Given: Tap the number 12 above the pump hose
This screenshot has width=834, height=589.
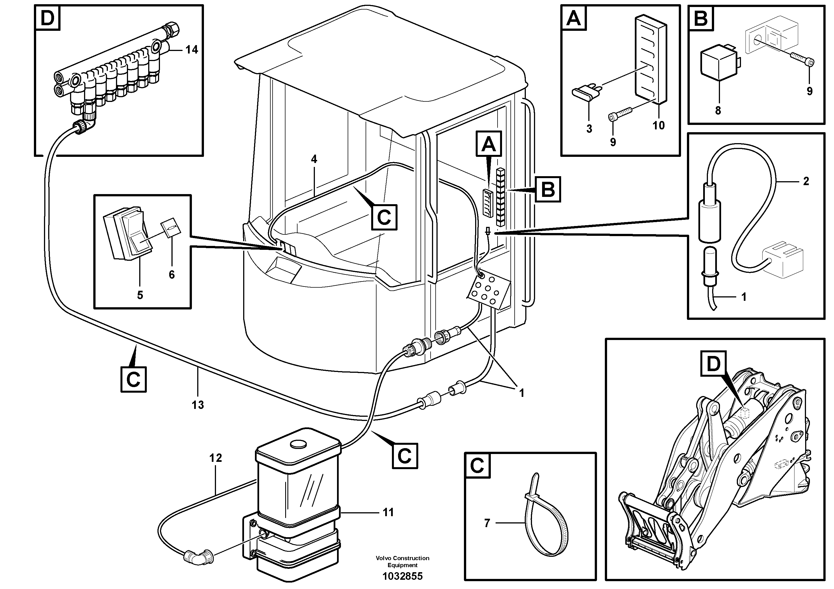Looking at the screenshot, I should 215,458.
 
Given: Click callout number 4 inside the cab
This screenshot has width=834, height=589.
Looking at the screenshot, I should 314,159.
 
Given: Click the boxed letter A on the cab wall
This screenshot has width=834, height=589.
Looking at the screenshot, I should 489,145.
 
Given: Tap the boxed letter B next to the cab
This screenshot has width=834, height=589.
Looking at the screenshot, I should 548,189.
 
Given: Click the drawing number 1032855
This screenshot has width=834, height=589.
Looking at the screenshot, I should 403,576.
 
